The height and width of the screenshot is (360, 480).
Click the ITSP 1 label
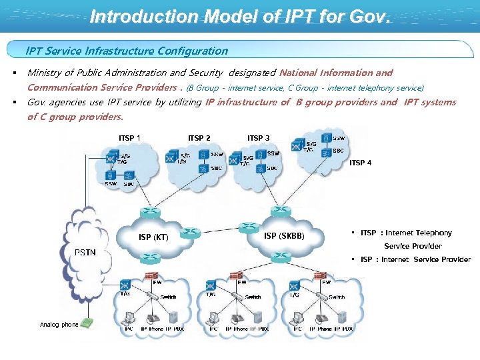129,138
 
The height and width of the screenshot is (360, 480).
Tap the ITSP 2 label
199,138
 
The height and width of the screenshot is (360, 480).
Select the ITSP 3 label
259,138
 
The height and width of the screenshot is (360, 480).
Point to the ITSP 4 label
361,163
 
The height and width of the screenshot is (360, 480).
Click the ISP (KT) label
153,237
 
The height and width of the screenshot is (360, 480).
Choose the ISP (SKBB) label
284,235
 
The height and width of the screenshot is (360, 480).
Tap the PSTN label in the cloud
85,252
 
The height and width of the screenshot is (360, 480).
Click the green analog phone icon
88,323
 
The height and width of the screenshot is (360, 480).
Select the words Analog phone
59,325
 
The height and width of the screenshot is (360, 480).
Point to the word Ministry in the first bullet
45,73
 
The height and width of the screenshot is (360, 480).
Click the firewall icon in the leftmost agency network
152,275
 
